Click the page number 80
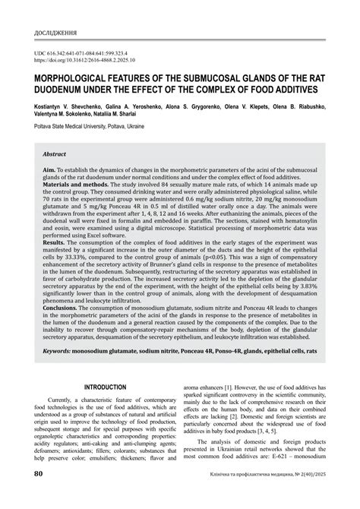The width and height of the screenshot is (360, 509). [37, 495]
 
